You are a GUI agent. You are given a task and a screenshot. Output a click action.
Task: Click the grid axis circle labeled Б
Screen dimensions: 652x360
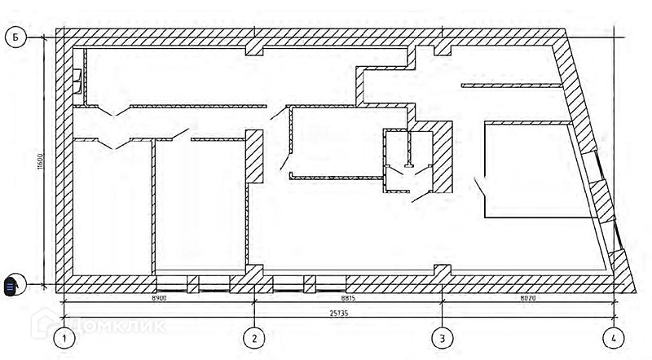pos(17,37)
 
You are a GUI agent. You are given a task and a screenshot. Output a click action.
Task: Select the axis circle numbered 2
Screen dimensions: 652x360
pos(256,337)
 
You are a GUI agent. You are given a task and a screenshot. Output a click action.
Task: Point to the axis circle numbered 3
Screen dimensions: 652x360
pos(442,337)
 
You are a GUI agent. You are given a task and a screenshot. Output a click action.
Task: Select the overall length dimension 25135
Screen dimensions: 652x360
pos(341,311)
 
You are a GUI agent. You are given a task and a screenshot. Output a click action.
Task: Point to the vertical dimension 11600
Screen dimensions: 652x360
pos(39,161)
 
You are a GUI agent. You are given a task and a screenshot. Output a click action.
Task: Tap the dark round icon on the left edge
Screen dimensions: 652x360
pos(11,287)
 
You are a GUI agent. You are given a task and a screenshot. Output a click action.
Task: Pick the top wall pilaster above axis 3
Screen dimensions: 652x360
pos(443,47)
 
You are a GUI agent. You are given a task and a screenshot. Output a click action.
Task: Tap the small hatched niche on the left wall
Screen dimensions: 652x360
pos(77,81)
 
